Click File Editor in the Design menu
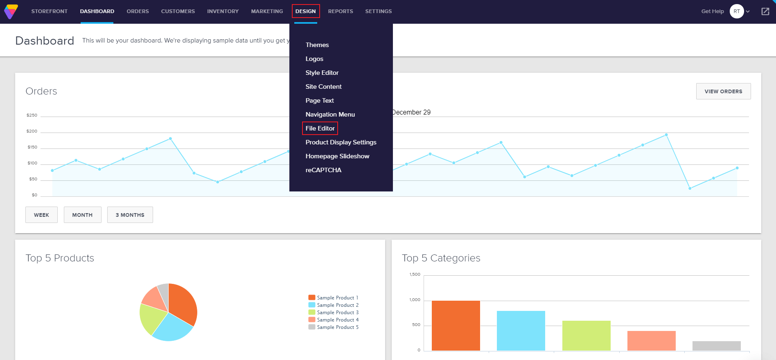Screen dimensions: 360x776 click(x=320, y=128)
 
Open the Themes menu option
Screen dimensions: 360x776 click(x=317, y=45)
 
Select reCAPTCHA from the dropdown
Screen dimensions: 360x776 click(x=323, y=170)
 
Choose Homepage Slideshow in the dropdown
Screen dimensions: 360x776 click(x=337, y=156)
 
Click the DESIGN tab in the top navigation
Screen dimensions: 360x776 click(x=305, y=11)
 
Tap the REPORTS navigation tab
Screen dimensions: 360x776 click(x=340, y=11)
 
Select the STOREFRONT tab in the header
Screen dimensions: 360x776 click(x=49, y=11)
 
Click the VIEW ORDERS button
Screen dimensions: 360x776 click(x=723, y=91)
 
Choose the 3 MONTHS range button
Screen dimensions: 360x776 click(x=130, y=215)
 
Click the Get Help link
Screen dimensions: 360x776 click(x=712, y=11)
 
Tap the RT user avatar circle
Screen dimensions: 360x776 click(x=736, y=11)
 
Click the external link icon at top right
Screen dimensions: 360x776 click(x=765, y=11)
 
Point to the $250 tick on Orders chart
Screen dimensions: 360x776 click(x=32, y=115)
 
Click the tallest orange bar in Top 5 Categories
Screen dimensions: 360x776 click(x=456, y=325)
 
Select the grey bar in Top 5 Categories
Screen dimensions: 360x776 click(x=716, y=346)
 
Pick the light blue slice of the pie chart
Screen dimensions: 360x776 click(x=172, y=328)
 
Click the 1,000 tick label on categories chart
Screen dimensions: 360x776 click(x=415, y=300)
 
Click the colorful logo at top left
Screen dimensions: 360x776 click(x=11, y=11)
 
